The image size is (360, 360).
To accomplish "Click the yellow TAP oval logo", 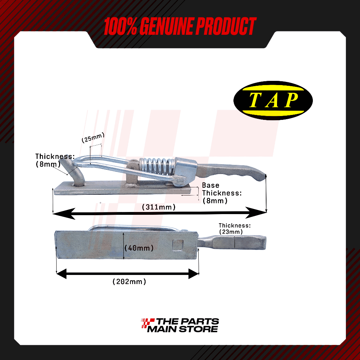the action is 273,99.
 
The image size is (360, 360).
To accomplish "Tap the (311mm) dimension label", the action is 159,207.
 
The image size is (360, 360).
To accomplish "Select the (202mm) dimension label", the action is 129,281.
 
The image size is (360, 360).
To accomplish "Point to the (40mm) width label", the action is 140,248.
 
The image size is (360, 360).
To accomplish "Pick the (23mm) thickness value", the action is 231,232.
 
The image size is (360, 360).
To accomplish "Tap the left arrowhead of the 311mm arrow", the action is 62,213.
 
